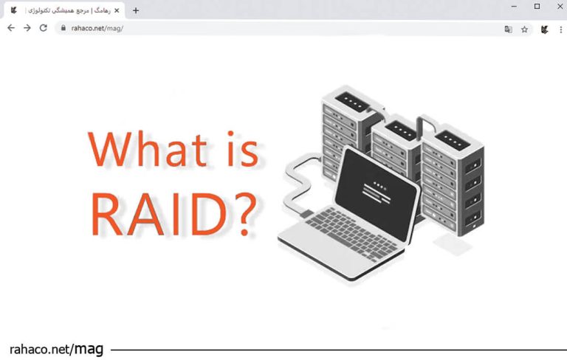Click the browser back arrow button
[10, 28]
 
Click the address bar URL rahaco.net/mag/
[97, 29]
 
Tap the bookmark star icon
[524, 30]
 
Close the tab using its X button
[117, 10]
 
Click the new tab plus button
[136, 10]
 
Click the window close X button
[557, 7]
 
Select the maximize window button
[537, 7]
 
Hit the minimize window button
[515, 7]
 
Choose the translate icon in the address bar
[508, 30]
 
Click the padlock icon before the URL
[63, 29]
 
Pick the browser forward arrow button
[27, 28]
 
